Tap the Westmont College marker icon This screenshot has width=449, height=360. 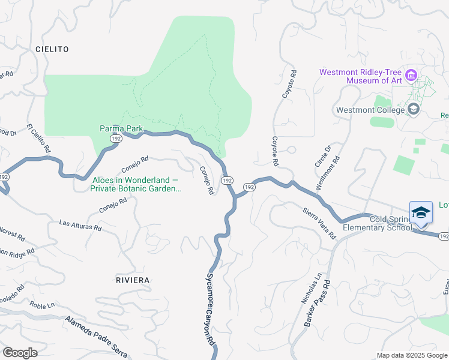tap(413, 109)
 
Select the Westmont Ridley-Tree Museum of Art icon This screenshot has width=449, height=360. tap(411, 76)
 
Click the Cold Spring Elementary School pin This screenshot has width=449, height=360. tap(421, 213)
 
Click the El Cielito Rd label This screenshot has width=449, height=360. tap(38, 139)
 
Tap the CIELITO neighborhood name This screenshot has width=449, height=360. tap(52, 49)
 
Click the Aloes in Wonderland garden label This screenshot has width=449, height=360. tap(136, 184)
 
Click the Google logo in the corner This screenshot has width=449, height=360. tap(19, 353)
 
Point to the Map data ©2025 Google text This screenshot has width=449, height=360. tap(411, 355)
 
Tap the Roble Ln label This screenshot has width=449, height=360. tap(42, 305)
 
